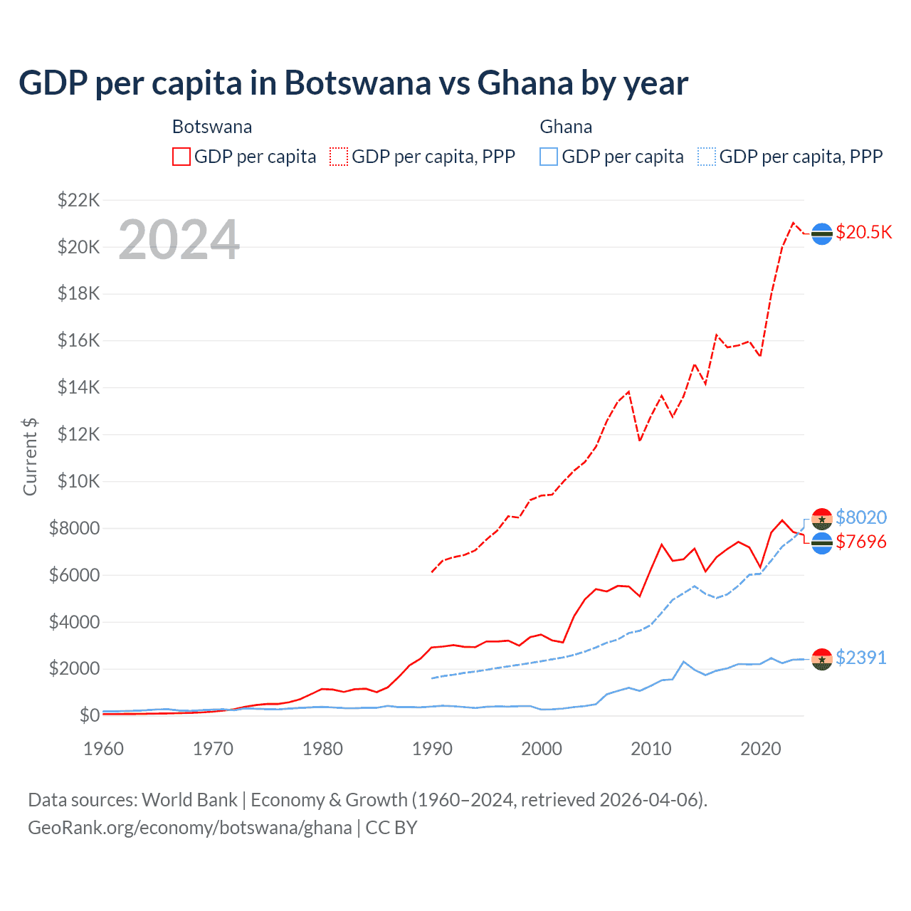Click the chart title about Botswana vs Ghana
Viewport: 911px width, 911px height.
[353, 83]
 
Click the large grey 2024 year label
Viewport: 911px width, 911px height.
[179, 240]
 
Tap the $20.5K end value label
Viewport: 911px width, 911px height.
[863, 233]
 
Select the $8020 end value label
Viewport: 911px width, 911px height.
[861, 517]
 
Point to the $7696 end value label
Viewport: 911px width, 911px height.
[861, 542]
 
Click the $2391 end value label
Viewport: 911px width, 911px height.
[861, 658]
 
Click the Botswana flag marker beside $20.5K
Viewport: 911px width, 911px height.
[822, 234]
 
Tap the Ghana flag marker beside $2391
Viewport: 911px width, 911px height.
[822, 660]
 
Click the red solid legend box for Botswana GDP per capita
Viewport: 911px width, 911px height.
[181, 157]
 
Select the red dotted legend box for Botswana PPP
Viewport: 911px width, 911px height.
[339, 157]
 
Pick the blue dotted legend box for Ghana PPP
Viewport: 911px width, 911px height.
[707, 157]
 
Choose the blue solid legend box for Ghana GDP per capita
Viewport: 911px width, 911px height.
[549, 157]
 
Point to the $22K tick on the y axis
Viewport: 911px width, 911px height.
[78, 200]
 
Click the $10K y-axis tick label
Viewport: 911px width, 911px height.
[78, 481]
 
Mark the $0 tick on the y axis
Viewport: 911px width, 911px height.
[89, 715]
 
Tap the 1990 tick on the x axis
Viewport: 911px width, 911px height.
[432, 749]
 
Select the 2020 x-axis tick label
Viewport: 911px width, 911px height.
[761, 749]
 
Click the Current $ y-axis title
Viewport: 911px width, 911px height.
[30, 457]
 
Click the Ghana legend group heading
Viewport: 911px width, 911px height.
[566, 127]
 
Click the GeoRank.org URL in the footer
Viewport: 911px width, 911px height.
[190, 828]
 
